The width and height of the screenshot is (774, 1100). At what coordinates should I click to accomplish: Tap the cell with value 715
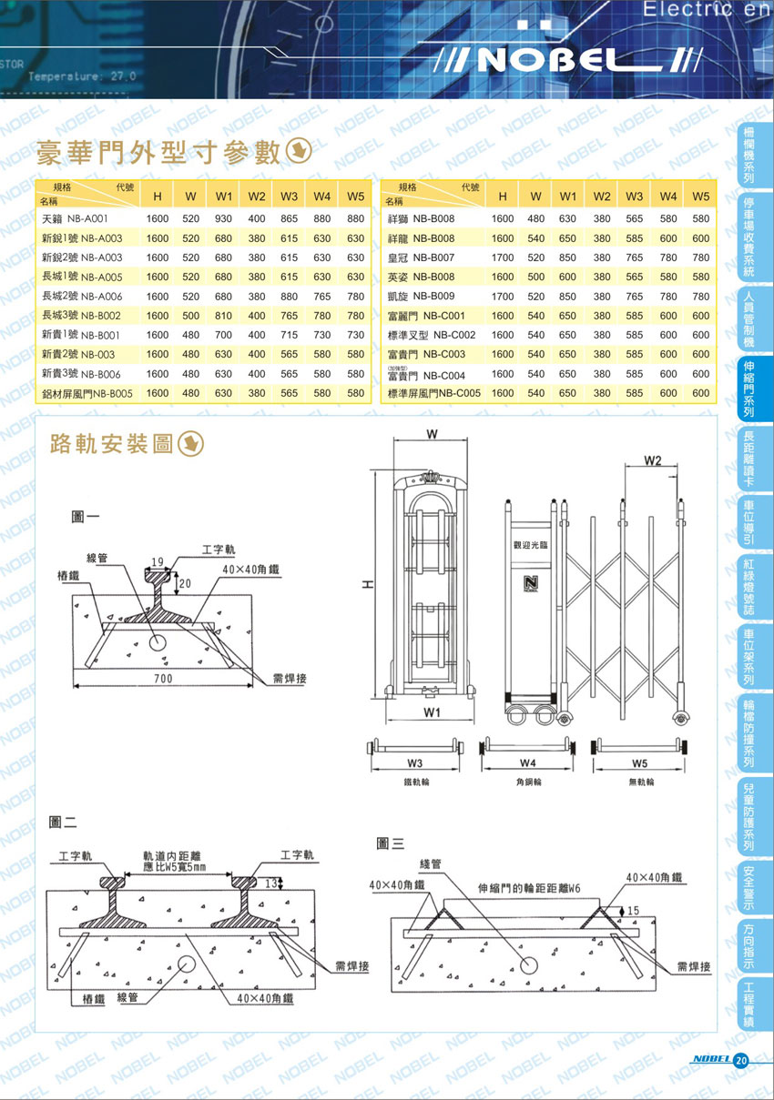290,335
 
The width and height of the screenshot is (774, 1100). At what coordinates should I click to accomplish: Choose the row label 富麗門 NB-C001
426,316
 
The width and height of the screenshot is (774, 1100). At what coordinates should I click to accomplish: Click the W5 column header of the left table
355,197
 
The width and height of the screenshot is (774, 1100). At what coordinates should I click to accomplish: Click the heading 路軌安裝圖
112,443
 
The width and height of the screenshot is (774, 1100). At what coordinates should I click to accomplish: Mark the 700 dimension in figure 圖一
163,679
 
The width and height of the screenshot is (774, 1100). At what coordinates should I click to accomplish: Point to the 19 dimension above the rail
158,560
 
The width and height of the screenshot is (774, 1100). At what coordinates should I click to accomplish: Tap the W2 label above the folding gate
652,461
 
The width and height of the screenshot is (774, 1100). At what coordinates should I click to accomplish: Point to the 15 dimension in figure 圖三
632,910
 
